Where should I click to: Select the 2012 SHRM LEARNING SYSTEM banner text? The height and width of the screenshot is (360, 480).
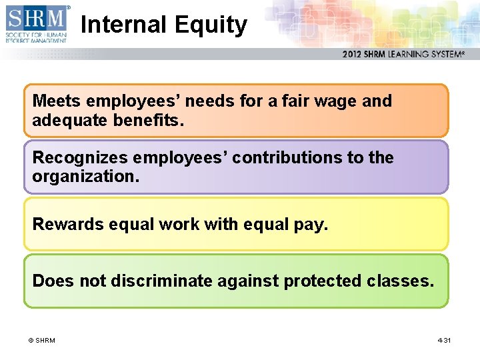coord(403,55)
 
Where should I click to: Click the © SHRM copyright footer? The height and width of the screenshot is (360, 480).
coord(41,341)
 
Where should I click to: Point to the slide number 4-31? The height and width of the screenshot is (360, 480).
coord(444,341)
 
